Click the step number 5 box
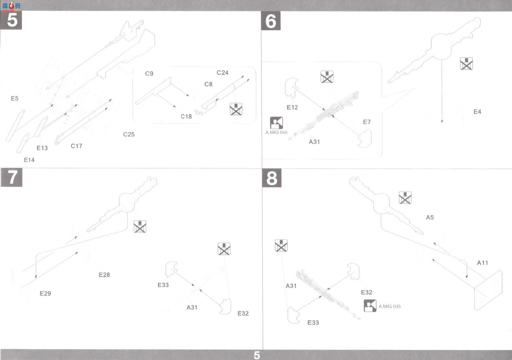pyautogui.click(x=11, y=20)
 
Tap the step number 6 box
pyautogui.click(x=271, y=21)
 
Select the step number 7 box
pyautogui.click(x=12, y=177)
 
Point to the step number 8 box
pyautogui.click(x=272, y=178)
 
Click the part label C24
pyautogui.click(x=222, y=73)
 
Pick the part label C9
pyautogui.click(x=149, y=74)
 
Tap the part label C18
pyautogui.click(x=186, y=117)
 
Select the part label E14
pyautogui.click(x=29, y=160)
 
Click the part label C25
pyautogui.click(x=129, y=135)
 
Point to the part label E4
pyautogui.click(x=477, y=112)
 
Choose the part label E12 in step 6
pyautogui.click(x=292, y=107)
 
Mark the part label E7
pyautogui.click(x=367, y=122)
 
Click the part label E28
pyautogui.click(x=104, y=275)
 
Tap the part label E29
pyautogui.click(x=45, y=293)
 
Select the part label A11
pyautogui.click(x=482, y=263)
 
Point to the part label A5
pyautogui.click(x=430, y=217)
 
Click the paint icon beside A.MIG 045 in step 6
pyautogui.click(x=276, y=123)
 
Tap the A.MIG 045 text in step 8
pyautogui.click(x=389, y=306)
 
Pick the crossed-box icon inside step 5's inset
pyautogui.click(x=236, y=109)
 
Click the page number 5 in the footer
pyautogui.click(x=257, y=355)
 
